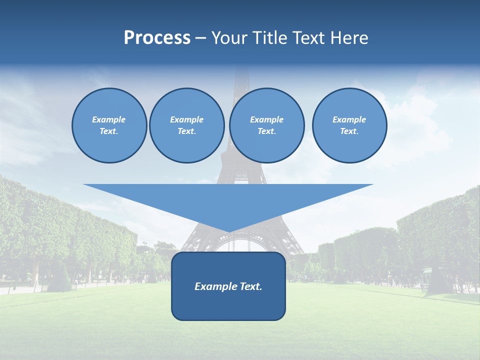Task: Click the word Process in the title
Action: (x=157, y=38)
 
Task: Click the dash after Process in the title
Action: (x=200, y=38)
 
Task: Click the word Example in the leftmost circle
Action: (x=109, y=119)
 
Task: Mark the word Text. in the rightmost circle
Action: (x=349, y=131)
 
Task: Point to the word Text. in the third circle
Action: (x=266, y=131)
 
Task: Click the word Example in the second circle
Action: (x=187, y=119)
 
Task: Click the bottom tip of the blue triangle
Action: (x=228, y=230)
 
